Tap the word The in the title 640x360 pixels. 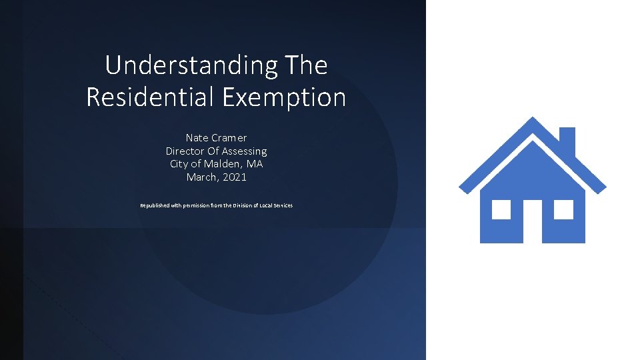(x=306, y=65)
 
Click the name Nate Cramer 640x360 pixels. (x=216, y=138)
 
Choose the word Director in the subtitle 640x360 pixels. (x=185, y=151)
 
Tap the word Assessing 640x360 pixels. (x=243, y=151)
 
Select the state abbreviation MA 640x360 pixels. (x=255, y=164)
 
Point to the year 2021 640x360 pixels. (x=234, y=177)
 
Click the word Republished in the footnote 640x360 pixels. (x=155, y=205)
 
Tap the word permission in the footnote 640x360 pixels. (x=194, y=205)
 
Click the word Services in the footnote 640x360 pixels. (x=282, y=205)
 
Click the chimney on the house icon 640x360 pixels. (x=567, y=139)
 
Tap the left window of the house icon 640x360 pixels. (x=501, y=210)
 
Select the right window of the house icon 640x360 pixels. (x=563, y=210)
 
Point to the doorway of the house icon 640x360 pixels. (x=533, y=221)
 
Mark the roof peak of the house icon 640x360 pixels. (x=533, y=121)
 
